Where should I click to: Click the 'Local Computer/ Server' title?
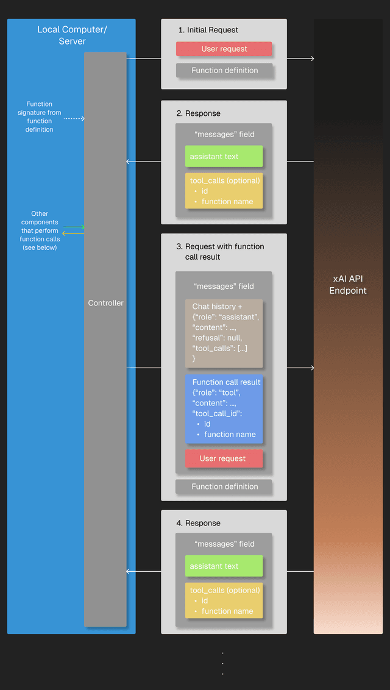click(x=72, y=35)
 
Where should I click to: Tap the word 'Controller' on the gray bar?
click(x=105, y=303)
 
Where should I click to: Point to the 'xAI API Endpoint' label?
click(x=348, y=285)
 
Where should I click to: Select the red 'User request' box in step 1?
click(x=224, y=49)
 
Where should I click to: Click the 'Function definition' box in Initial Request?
click(x=224, y=71)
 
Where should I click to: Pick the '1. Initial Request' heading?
click(x=208, y=30)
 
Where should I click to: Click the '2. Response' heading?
click(x=198, y=113)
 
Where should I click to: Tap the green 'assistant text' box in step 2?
click(x=224, y=157)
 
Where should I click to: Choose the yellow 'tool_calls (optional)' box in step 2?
click(x=224, y=191)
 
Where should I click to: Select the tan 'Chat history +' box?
click(x=224, y=333)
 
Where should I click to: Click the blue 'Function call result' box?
click(x=224, y=408)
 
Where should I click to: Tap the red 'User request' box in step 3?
click(x=224, y=458)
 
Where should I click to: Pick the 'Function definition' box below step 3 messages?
click(x=224, y=486)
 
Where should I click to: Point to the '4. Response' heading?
click(x=198, y=523)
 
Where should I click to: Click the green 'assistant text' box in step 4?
click(x=224, y=566)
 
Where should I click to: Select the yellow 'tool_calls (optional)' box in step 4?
click(x=224, y=600)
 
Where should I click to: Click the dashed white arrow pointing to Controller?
click(x=74, y=118)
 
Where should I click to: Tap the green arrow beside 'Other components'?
click(x=74, y=227)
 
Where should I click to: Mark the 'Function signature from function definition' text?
click(x=39, y=116)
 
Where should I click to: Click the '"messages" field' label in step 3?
click(x=224, y=286)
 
